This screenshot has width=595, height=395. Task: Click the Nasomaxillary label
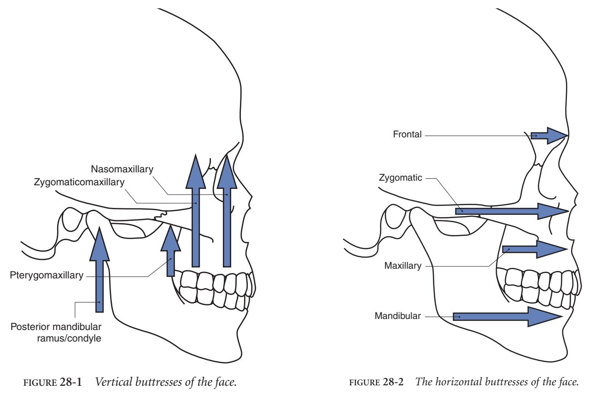click(122, 169)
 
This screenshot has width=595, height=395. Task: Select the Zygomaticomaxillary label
click(79, 182)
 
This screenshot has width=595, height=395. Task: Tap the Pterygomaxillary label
click(47, 276)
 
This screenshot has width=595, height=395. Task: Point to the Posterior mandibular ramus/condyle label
click(56, 332)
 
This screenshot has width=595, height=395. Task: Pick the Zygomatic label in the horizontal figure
click(400, 177)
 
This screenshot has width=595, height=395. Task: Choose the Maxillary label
click(402, 265)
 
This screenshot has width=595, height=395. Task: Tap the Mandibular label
click(397, 316)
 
